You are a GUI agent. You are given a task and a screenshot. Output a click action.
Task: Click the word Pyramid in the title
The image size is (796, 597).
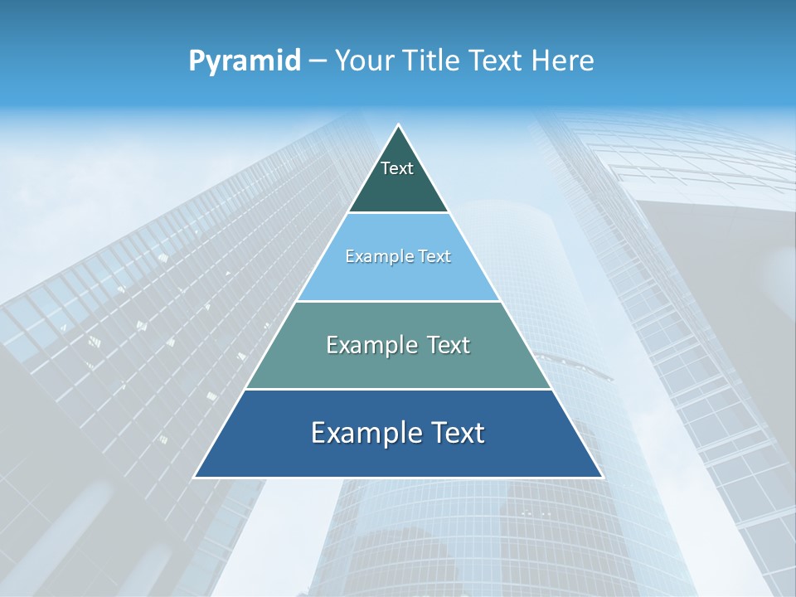coord(245,61)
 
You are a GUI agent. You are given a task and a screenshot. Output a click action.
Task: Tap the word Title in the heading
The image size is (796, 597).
coord(436,61)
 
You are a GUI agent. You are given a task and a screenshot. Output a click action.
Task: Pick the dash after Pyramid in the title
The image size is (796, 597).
coord(318,61)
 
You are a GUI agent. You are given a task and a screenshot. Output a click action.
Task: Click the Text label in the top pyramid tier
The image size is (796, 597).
coord(397,168)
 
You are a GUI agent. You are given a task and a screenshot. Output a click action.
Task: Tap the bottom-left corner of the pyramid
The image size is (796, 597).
coord(195,477)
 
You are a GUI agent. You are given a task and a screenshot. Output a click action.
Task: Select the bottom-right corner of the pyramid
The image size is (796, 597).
coord(602,477)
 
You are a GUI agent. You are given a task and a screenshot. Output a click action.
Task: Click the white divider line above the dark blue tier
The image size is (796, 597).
coord(398,389)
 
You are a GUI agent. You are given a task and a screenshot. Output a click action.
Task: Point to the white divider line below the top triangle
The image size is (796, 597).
coord(398,213)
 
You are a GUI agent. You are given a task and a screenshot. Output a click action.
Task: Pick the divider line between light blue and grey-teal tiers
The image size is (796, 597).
coord(398,301)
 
